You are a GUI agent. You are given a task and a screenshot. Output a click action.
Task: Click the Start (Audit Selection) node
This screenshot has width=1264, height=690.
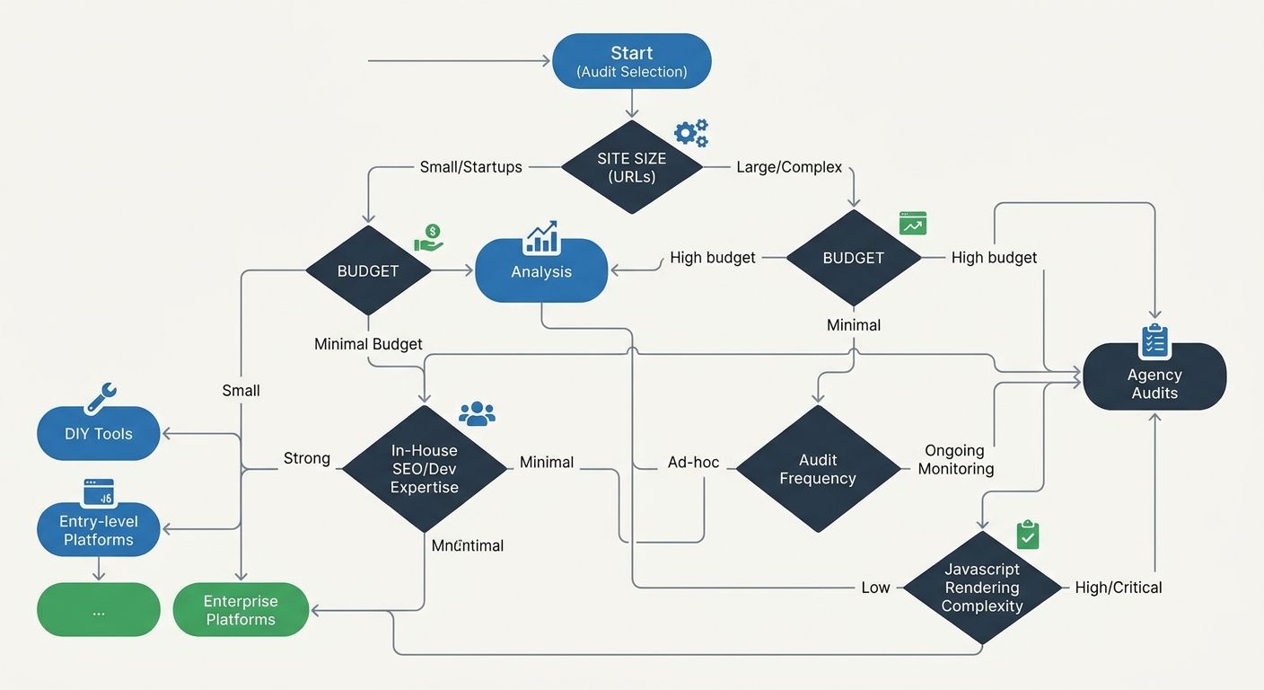[631, 61]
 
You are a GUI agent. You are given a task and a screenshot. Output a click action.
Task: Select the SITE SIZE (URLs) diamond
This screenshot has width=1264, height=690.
[631, 167]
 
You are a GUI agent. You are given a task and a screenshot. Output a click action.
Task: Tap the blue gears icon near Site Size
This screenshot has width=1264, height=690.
[690, 133]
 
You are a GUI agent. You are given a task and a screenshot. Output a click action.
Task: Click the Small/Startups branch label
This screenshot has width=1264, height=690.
[470, 167]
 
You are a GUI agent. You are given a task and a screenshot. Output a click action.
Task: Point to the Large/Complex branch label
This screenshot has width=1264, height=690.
[788, 167]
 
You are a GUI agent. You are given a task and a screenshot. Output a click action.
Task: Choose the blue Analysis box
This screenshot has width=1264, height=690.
[540, 271]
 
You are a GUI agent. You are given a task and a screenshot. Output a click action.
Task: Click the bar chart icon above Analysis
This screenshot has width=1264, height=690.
[540, 237]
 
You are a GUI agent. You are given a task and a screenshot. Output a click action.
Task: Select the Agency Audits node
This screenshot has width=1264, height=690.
[1154, 384]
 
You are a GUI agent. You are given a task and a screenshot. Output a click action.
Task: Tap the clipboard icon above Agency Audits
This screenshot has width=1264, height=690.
[1154, 341]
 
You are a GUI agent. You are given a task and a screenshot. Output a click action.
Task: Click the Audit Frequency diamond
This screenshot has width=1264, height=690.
[817, 469]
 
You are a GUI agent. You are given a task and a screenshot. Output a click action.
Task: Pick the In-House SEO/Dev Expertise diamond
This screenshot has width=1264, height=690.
[425, 469]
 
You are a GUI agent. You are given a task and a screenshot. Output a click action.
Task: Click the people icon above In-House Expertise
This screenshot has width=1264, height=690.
[477, 413]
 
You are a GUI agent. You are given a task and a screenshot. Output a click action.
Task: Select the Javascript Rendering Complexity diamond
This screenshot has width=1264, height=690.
[982, 588]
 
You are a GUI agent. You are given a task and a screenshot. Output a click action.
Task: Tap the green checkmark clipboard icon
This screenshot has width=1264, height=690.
[1028, 535]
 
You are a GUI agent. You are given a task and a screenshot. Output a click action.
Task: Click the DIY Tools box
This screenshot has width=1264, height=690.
[99, 434]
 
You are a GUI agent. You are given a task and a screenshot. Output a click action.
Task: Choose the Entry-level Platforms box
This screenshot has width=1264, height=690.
[99, 530]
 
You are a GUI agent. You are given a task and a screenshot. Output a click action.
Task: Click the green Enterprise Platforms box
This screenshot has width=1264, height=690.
[241, 610]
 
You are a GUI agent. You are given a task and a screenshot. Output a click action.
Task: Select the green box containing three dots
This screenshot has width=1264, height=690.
[99, 610]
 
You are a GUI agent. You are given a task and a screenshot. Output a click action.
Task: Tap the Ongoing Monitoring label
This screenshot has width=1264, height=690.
[955, 459]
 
